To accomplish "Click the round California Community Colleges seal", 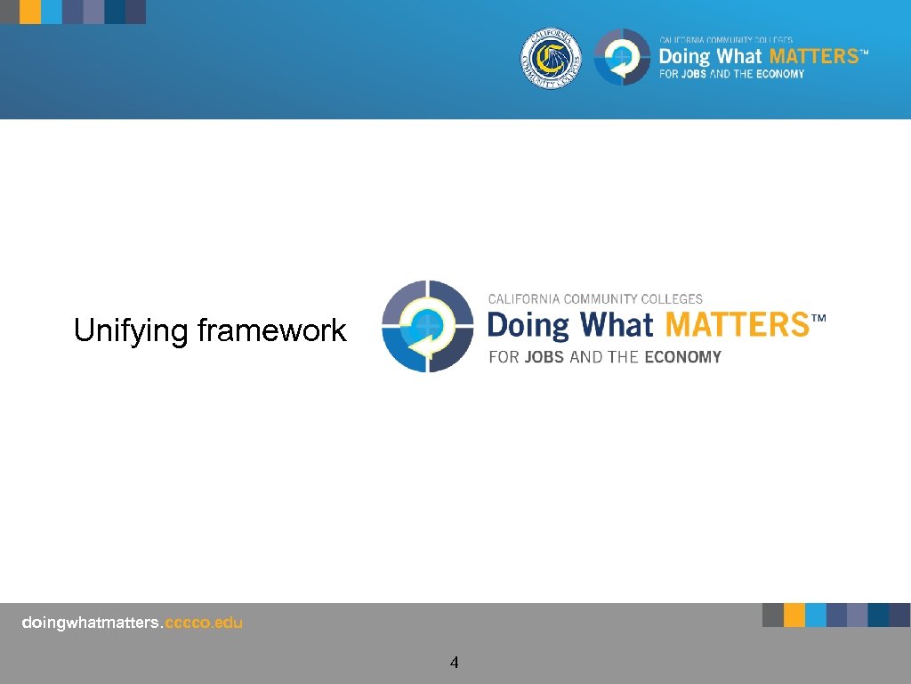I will [x=551, y=59].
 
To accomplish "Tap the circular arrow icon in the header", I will [x=622, y=58].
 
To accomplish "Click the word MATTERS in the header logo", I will [x=812, y=56].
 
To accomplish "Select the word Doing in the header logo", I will [x=684, y=57].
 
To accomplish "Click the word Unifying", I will [x=132, y=331].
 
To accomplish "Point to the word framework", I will [x=271, y=331].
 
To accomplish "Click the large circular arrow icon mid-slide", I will [x=427, y=326].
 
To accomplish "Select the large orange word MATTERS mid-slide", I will [x=735, y=325].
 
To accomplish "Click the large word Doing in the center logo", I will [x=528, y=325].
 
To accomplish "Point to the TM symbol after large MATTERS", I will [x=818, y=317].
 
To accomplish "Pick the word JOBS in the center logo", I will [x=544, y=357].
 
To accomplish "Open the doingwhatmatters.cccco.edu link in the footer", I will [x=132, y=623].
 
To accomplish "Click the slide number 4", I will [x=455, y=662].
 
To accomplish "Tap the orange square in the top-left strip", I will [x=30, y=12].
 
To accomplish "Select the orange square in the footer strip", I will [x=794, y=615].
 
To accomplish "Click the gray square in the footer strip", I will [x=772, y=615].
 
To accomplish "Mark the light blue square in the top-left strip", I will [x=52, y=12].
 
